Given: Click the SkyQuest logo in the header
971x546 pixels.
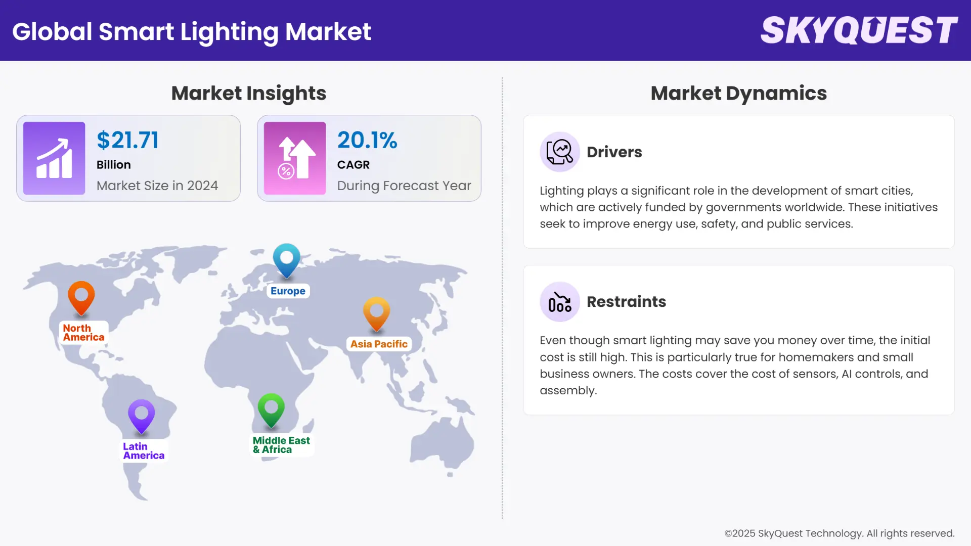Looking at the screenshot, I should tap(859, 30).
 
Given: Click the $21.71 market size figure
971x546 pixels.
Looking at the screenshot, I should tap(127, 140).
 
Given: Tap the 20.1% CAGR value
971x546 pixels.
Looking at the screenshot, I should tap(367, 140).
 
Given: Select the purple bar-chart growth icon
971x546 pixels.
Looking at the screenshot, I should tap(54, 158).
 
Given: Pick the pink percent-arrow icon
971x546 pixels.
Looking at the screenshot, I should tap(295, 158).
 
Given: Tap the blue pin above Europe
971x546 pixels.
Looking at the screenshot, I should tap(287, 260).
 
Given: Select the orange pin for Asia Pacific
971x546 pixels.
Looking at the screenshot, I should tap(377, 313).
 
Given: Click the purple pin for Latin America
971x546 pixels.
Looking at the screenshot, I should tap(142, 416).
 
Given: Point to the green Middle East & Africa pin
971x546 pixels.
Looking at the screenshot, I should tap(271, 409).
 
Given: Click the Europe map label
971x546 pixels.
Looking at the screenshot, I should tap(288, 291).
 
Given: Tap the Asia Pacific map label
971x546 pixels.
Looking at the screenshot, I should tap(379, 344).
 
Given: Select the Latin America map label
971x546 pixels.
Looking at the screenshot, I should tap(144, 451).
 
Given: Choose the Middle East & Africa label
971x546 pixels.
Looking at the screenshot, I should tap(281, 445).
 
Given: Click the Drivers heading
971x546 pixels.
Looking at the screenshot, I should tap(614, 152).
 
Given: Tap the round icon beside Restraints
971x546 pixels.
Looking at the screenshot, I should tap(559, 302).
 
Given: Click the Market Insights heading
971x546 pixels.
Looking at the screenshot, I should tap(249, 94).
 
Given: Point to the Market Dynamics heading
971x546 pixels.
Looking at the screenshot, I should tap(738, 94).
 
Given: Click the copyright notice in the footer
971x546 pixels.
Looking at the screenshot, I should tap(839, 533).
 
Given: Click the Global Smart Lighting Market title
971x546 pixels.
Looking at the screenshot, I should tap(192, 31).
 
